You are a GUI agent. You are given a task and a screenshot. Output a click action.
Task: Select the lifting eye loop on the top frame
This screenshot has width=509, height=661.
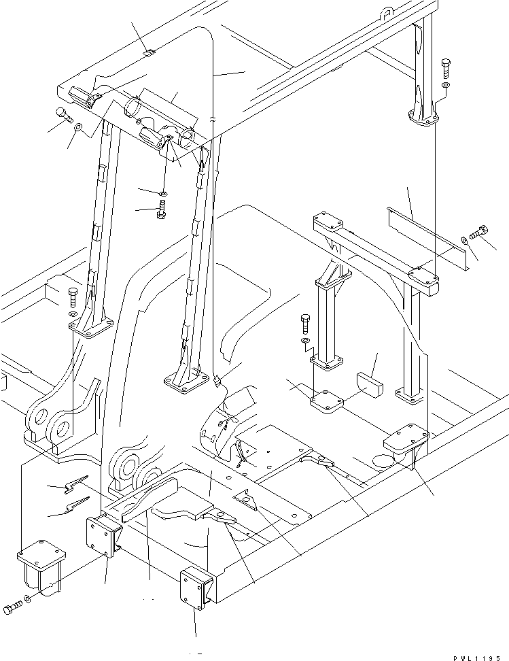click(x=387, y=12)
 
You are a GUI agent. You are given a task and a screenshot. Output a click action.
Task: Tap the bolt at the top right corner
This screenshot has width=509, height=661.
click(x=445, y=68)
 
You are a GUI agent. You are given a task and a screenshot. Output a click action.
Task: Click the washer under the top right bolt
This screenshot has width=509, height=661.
click(x=445, y=86)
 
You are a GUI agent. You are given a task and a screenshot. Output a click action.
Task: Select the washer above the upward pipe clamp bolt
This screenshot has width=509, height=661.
click(x=164, y=190)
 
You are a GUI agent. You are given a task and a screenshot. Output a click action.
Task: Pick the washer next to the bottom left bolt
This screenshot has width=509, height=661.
click(x=27, y=600)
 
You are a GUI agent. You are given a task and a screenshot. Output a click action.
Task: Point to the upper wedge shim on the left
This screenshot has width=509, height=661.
click(x=73, y=484)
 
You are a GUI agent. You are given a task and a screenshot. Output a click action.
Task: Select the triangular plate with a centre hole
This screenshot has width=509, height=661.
click(x=244, y=501)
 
